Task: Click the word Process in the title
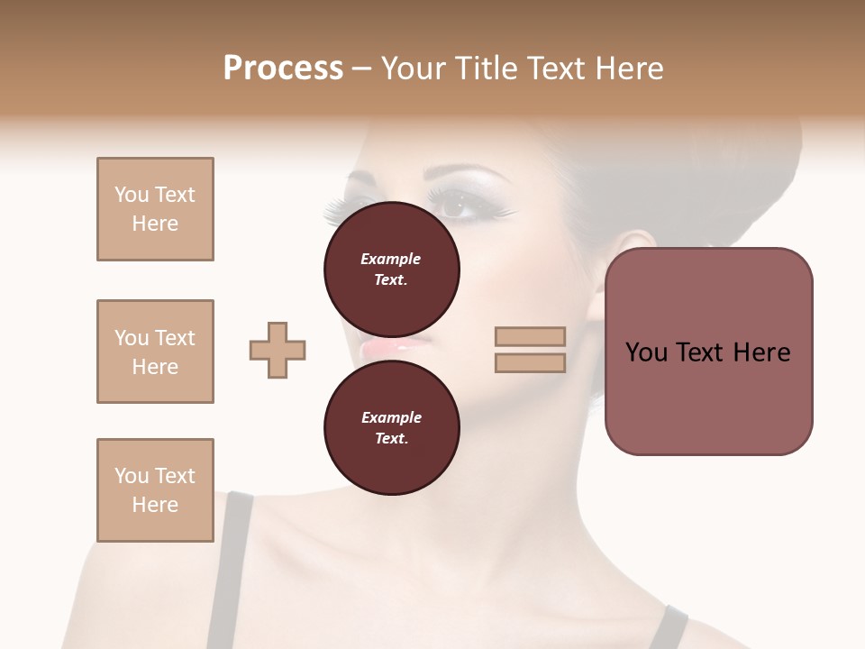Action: [283, 69]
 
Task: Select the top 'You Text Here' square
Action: [155, 209]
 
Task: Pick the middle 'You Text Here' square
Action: [155, 352]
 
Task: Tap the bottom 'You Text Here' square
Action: [155, 490]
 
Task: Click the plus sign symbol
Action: [278, 350]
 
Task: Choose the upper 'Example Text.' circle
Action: [391, 269]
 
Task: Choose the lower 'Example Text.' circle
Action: [391, 427]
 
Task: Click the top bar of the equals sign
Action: [531, 337]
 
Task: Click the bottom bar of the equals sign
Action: [531, 362]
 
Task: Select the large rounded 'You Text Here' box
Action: [708, 351]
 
